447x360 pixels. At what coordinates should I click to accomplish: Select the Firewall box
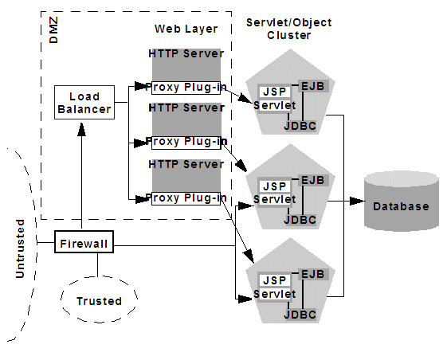84,241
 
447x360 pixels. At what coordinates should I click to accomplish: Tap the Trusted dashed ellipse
98,301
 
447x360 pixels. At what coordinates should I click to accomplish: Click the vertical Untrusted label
21,248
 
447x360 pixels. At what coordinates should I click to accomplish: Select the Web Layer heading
184,29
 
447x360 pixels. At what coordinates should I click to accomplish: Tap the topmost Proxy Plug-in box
185,88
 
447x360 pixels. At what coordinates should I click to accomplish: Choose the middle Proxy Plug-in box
185,142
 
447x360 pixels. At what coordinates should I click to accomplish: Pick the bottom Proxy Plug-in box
185,198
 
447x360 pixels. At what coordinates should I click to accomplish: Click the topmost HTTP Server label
185,54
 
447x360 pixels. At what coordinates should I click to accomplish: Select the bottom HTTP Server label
185,164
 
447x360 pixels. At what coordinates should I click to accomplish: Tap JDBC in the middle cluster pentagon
300,218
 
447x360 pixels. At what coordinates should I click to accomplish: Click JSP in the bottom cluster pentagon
273,280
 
